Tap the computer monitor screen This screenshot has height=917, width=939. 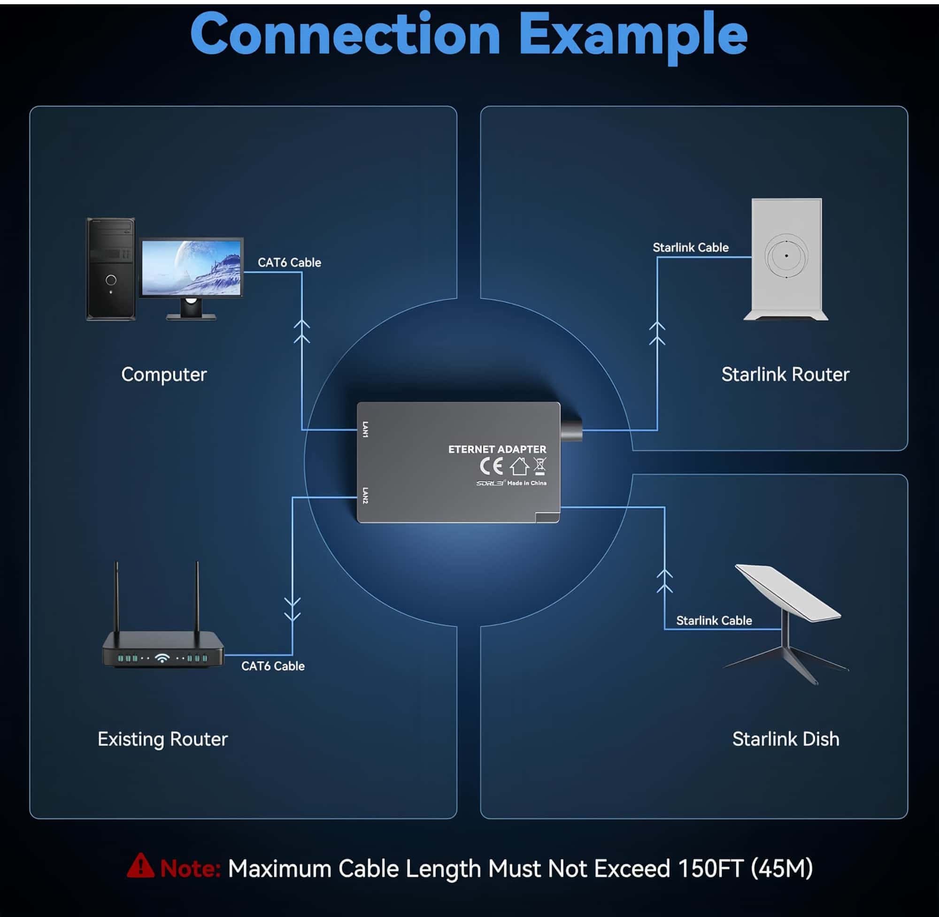click(x=191, y=267)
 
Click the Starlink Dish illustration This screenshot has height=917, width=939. click(x=787, y=621)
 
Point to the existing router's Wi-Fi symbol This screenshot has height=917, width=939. click(x=162, y=657)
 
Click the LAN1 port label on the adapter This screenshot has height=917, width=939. click(x=365, y=429)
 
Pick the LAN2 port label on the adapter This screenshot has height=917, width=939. click(x=365, y=495)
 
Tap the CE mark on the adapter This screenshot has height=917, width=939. click(x=491, y=466)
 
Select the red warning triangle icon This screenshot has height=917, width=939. click(x=140, y=866)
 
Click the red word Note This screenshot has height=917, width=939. click(x=190, y=868)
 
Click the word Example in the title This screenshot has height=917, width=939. click(x=632, y=35)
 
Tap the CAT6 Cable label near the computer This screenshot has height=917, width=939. click(x=289, y=262)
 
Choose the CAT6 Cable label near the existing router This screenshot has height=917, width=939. click(x=273, y=666)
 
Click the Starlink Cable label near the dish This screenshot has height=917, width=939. click(x=714, y=620)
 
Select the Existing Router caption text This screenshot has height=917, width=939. click(x=162, y=739)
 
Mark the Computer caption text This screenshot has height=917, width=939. click(x=164, y=374)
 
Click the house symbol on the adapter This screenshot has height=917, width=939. click(x=519, y=466)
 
